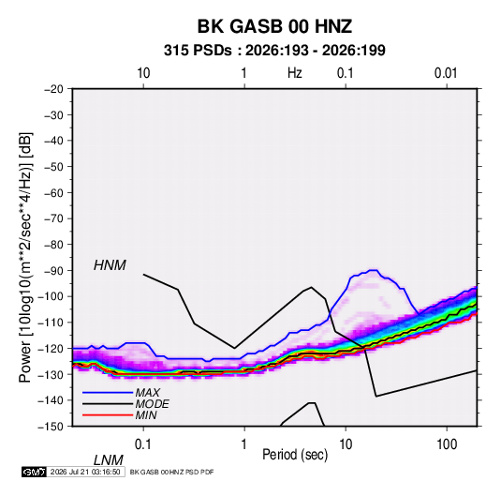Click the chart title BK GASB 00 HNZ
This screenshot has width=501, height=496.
274,26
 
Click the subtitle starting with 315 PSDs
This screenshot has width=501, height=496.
274,51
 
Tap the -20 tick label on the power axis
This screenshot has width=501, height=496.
53,89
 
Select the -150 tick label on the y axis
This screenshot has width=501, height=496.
52,427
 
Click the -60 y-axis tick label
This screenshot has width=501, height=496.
53,192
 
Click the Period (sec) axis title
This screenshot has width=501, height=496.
295,455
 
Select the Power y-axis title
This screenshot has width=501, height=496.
25,258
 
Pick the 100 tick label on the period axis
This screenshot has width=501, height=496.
446,444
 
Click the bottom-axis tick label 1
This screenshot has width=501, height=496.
243,444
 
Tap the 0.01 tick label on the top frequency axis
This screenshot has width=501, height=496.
446,73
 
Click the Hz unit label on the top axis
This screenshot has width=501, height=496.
295,73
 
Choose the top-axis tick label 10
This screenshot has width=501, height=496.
143,73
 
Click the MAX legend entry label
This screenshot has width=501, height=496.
147,393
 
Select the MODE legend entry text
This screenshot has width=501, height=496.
152,404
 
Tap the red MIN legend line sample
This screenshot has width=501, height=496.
108,415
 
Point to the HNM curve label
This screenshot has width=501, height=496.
110,265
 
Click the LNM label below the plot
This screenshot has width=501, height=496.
108,460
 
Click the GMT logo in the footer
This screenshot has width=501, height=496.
35,472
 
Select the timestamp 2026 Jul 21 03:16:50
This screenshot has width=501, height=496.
85,472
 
